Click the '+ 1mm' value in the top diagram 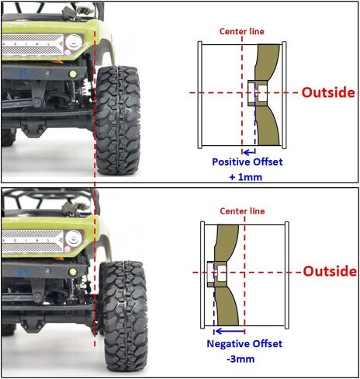pyautogui.click(x=246, y=177)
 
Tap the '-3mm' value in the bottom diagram pyautogui.click(x=241, y=360)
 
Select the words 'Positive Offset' pyautogui.click(x=247, y=162)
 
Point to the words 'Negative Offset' pyautogui.click(x=244, y=344)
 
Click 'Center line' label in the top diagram pyautogui.click(x=242, y=32)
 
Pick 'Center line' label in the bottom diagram pyautogui.click(x=242, y=211)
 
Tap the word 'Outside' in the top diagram pyautogui.click(x=328, y=92)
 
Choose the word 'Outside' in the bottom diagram pyautogui.click(x=330, y=271)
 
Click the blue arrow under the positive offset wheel pyautogui.click(x=249, y=152)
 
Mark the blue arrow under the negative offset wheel pyautogui.click(x=230, y=331)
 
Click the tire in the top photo pyautogui.click(x=118, y=120)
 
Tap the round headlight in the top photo pyautogui.click(x=74, y=42)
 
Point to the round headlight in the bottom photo pyautogui.click(x=74, y=238)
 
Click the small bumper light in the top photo pyautogui.click(x=73, y=75)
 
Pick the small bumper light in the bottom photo pyautogui.click(x=73, y=272)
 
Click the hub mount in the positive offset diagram pyautogui.click(x=257, y=93)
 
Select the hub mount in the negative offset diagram pyautogui.click(x=216, y=274)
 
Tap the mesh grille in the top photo pyautogui.click(x=33, y=44)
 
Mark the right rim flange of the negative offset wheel pyautogui.click(x=287, y=275)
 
